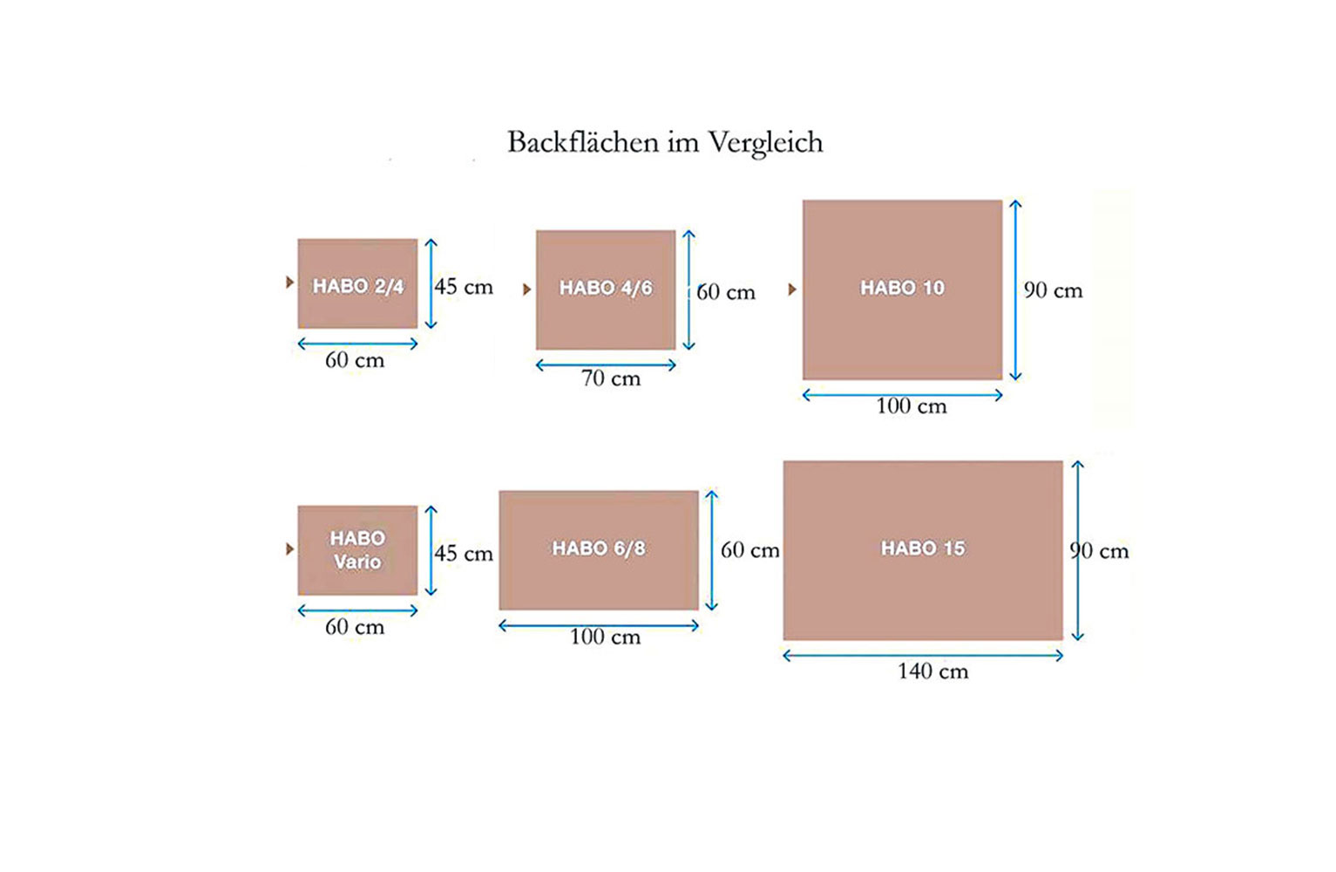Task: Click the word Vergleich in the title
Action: point(765,144)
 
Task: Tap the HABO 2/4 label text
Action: point(358,287)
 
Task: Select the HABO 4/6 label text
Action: point(606,289)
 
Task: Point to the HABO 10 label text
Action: point(902,289)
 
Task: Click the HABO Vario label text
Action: point(357,549)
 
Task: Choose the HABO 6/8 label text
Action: point(598,548)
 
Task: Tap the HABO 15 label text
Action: point(923,548)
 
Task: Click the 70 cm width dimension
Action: point(611,378)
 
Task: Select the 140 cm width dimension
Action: point(932,671)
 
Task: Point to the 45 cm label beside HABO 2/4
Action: point(464,287)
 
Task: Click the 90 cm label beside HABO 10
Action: point(1053,290)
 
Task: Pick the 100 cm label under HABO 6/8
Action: point(605,637)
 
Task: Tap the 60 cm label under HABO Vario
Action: point(355,627)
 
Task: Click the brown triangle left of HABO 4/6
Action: point(526,290)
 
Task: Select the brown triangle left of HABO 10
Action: point(792,290)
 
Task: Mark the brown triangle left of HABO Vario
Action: point(290,549)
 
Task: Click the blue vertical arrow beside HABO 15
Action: point(1077,550)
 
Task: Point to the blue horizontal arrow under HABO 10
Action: point(902,395)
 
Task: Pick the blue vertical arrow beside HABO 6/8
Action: point(711,550)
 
